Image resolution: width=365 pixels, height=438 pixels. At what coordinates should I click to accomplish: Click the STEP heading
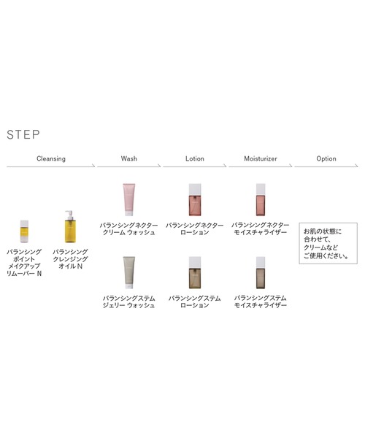(x=23, y=135)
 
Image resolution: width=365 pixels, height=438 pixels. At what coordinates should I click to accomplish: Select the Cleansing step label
(x=51, y=158)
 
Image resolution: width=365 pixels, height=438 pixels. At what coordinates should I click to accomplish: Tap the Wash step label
(x=128, y=158)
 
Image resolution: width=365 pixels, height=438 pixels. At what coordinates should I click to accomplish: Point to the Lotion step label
(x=194, y=158)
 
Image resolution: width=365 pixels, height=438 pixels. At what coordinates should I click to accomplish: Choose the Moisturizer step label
(x=261, y=158)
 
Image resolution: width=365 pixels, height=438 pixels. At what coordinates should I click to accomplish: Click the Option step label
(x=326, y=158)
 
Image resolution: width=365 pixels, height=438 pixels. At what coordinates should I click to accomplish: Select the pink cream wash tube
(x=128, y=200)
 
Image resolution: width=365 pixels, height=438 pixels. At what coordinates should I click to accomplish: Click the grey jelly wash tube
(x=128, y=273)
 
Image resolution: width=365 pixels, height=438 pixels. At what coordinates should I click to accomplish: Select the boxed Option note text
(x=326, y=243)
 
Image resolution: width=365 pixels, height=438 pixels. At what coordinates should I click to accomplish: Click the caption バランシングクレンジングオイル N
(x=70, y=259)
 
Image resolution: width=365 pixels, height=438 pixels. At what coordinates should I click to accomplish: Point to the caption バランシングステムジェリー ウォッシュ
(x=128, y=301)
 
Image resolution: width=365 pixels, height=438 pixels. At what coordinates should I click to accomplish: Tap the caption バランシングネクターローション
(x=194, y=228)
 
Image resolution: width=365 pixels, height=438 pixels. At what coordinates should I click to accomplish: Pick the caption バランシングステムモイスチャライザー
(x=261, y=301)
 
